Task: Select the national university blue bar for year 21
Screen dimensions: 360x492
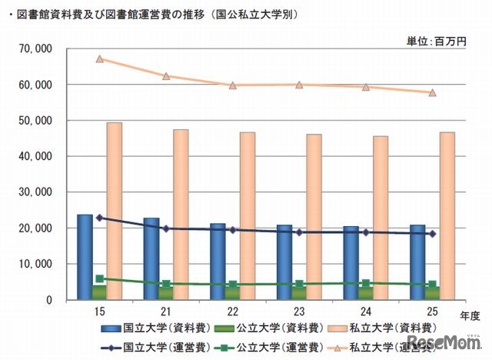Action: [x=151, y=258]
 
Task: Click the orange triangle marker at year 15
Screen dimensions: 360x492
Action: [x=100, y=58]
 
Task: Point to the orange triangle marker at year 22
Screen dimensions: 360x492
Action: [x=233, y=85]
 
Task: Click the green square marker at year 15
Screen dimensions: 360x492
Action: [x=100, y=279]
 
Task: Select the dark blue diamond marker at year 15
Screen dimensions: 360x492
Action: [x=100, y=218]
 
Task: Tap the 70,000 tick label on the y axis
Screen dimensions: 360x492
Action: [x=36, y=48]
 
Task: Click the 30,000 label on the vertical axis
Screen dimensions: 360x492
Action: [x=36, y=192]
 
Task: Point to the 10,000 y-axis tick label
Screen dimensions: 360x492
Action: [x=36, y=264]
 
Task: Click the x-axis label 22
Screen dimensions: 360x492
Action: [x=233, y=310]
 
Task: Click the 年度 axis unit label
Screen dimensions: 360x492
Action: [x=467, y=313]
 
